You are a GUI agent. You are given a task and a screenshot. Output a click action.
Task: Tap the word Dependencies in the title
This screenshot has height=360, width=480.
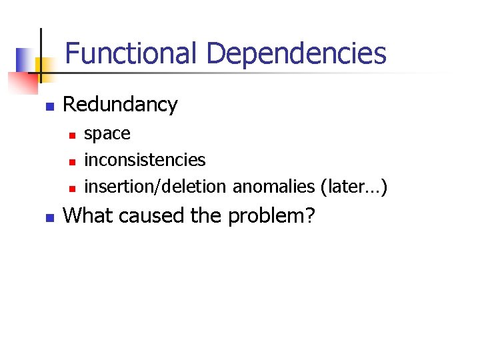(x=296, y=53)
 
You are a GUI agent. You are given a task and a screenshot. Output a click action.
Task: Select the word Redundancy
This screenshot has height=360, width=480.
(x=120, y=105)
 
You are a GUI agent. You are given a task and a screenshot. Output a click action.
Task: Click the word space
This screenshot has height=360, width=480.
(x=107, y=134)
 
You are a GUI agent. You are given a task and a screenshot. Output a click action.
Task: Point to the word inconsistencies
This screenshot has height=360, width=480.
(x=145, y=160)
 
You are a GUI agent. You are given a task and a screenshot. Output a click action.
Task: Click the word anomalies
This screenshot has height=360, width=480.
(x=273, y=187)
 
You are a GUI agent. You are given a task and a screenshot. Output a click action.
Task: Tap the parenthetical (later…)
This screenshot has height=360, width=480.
(x=354, y=187)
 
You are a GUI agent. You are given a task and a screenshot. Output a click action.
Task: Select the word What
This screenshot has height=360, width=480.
(x=87, y=215)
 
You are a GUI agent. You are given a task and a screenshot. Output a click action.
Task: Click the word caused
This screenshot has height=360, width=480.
(x=151, y=215)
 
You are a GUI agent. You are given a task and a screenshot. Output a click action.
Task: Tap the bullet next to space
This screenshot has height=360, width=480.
(x=71, y=135)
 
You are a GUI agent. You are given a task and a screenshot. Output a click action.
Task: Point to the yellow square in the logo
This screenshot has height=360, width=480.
(x=44, y=66)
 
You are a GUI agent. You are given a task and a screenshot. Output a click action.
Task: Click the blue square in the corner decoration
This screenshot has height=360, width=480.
(x=25, y=59)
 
